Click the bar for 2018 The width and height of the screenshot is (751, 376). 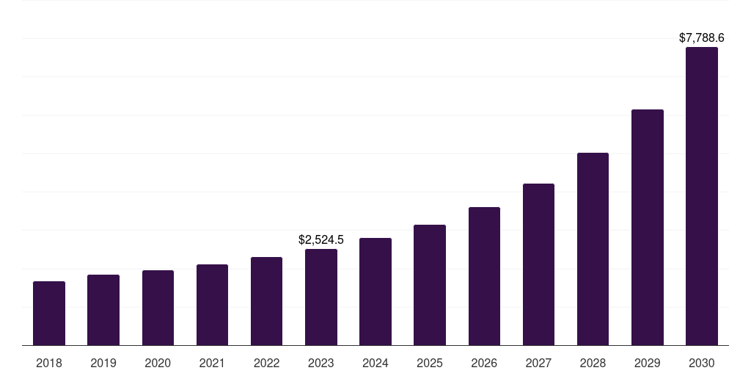[x=49, y=313]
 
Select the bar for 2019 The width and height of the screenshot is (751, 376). [x=103, y=310]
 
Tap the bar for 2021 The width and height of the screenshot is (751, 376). [x=212, y=305]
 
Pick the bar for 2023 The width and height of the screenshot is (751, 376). [x=321, y=297]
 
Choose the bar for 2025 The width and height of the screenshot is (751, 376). [x=430, y=285]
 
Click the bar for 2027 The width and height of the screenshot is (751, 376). [x=538, y=264]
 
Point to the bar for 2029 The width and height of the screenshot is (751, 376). [x=647, y=227]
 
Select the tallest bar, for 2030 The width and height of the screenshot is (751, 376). [x=702, y=196]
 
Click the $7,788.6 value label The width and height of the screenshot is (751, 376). [x=701, y=37]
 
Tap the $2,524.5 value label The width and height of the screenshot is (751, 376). [x=321, y=239]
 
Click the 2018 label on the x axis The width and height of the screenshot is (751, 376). [x=49, y=363]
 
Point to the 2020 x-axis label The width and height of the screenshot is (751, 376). [x=158, y=363]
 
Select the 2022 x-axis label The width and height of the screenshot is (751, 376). [x=266, y=363]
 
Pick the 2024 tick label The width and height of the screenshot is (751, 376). [x=375, y=363]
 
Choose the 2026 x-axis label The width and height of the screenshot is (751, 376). [x=484, y=363]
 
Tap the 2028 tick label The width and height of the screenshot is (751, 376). [x=593, y=363]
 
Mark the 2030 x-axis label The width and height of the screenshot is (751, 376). [x=702, y=363]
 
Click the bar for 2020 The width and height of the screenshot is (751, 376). [x=158, y=308]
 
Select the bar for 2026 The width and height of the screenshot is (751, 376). [x=484, y=276]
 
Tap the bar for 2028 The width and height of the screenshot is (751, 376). [x=593, y=249]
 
